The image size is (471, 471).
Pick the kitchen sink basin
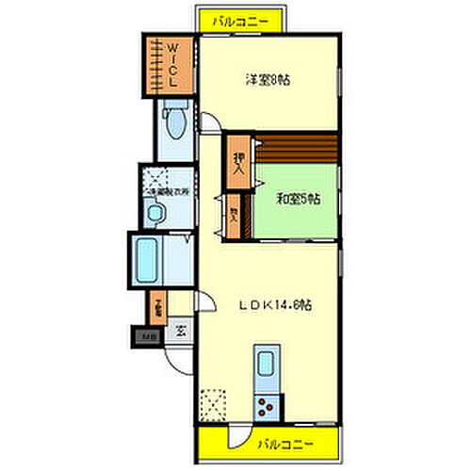(266, 363)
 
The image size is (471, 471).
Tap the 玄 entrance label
(179, 331)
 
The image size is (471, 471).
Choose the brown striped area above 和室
(296, 149)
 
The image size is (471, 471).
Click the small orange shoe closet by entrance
(156, 305)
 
